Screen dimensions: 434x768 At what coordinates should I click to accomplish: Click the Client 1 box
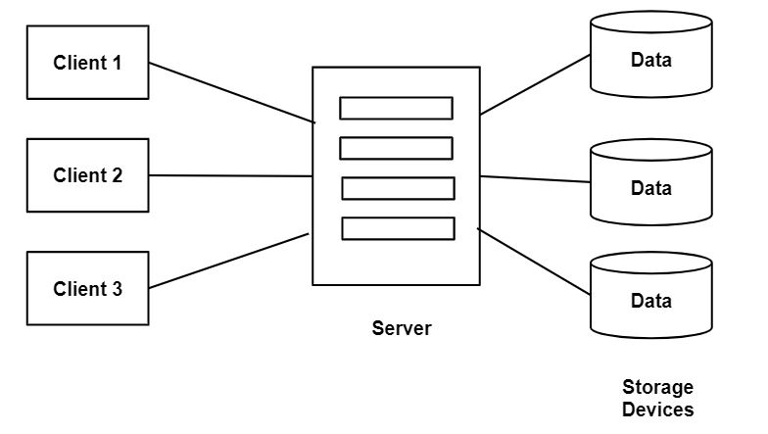click(x=87, y=63)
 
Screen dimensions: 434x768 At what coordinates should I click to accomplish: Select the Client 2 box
click(x=87, y=175)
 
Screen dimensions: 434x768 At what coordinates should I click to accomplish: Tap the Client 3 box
click(x=87, y=289)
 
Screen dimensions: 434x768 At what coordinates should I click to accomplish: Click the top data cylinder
click(x=650, y=57)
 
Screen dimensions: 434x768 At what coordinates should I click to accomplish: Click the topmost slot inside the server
click(x=396, y=108)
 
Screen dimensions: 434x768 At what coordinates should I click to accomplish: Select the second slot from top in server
click(x=396, y=148)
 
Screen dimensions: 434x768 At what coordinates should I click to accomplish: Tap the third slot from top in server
click(x=398, y=188)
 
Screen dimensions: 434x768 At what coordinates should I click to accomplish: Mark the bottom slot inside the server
click(x=398, y=228)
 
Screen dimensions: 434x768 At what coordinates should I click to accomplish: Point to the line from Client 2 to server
click(x=231, y=176)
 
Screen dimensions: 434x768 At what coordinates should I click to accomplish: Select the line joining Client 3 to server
click(x=229, y=261)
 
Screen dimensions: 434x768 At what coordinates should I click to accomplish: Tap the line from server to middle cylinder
click(x=536, y=179)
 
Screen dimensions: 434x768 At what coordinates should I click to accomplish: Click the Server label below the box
click(x=401, y=328)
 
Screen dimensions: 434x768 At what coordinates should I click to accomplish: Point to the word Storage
click(x=657, y=387)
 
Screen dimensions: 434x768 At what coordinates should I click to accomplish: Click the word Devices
click(x=657, y=410)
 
